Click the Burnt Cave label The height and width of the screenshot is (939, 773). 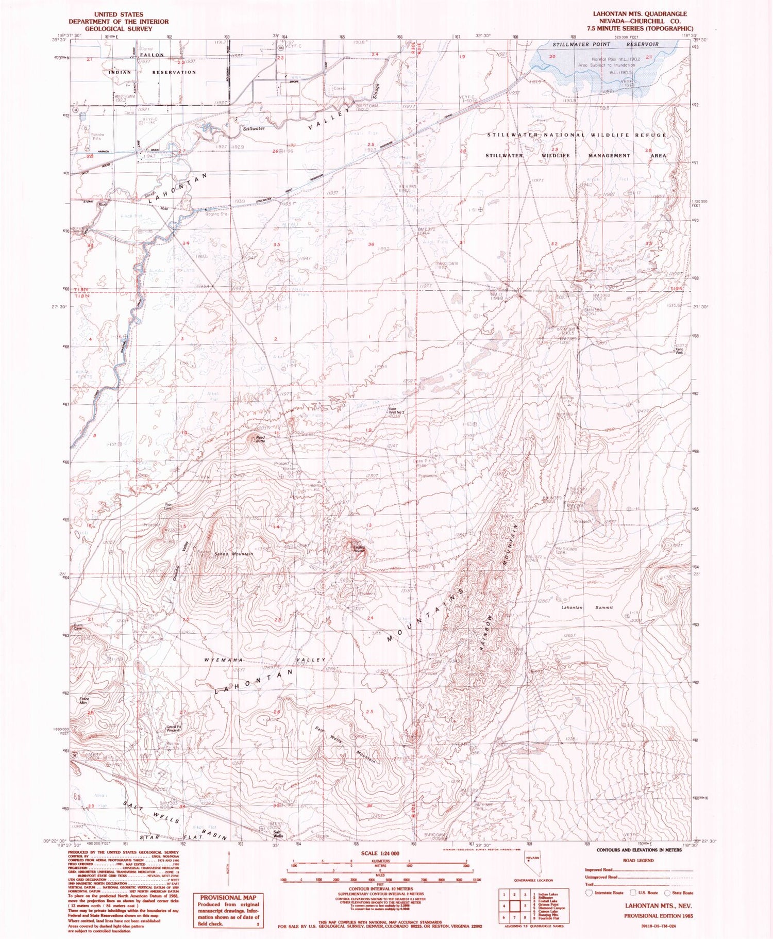point(77,628)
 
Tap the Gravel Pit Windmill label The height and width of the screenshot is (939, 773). point(173,729)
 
